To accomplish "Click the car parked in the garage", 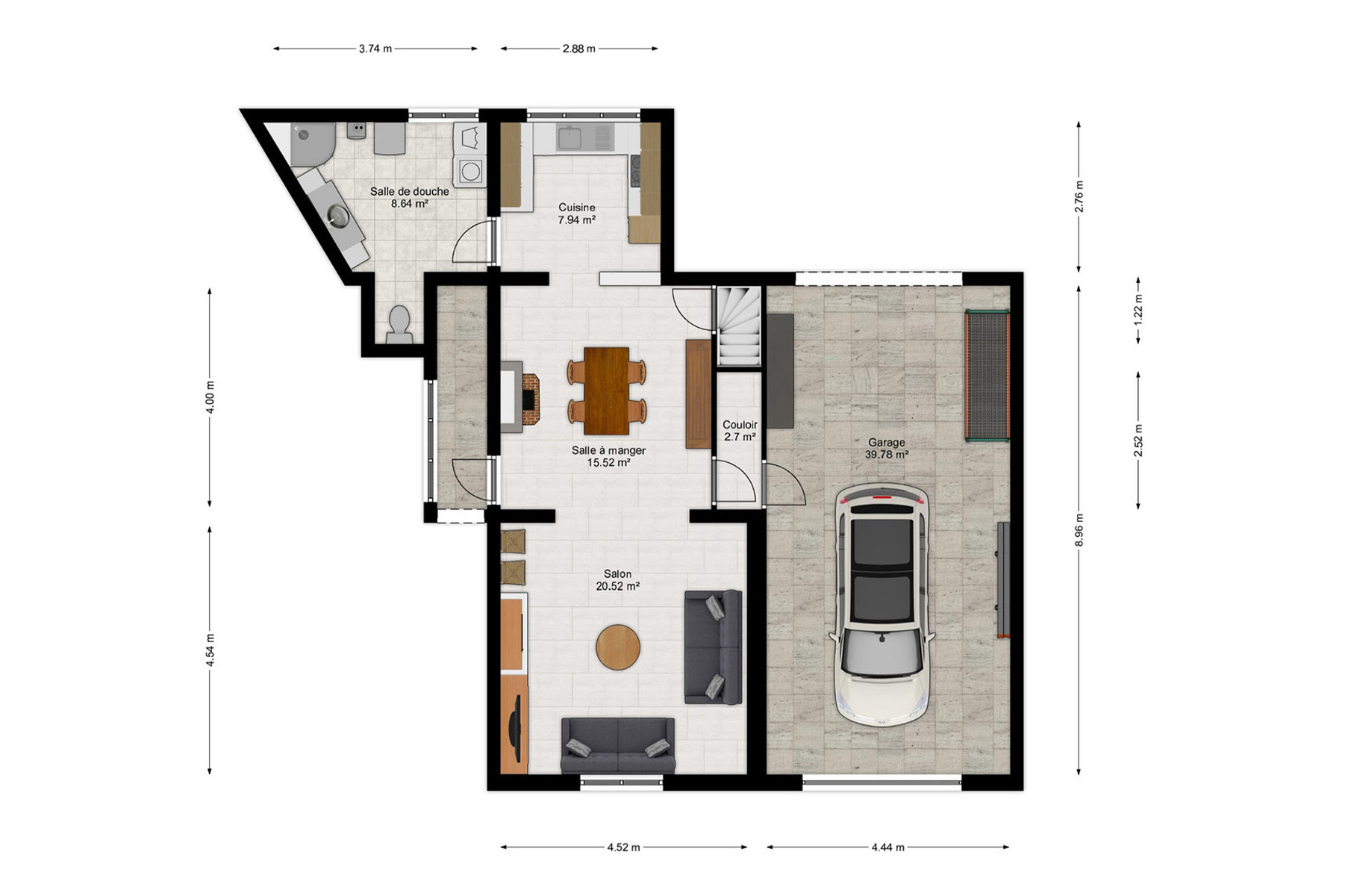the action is point(881,605).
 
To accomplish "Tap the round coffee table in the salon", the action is point(618,647).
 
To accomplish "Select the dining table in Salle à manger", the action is point(607,391).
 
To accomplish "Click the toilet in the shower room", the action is point(400,324).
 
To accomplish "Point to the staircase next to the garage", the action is point(739,326).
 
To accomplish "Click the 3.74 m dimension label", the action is point(375,49).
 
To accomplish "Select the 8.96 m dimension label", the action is point(1079,529).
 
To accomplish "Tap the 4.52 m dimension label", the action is point(624,847).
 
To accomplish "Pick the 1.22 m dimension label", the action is point(1139,310).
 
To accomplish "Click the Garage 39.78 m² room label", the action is point(887,449).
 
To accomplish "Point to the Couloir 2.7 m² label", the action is point(740,431).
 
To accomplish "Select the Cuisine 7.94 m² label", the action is point(577,214).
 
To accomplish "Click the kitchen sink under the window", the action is point(584,137).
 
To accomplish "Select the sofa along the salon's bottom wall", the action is point(618,745).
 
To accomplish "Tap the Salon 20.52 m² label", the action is point(618,580).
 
